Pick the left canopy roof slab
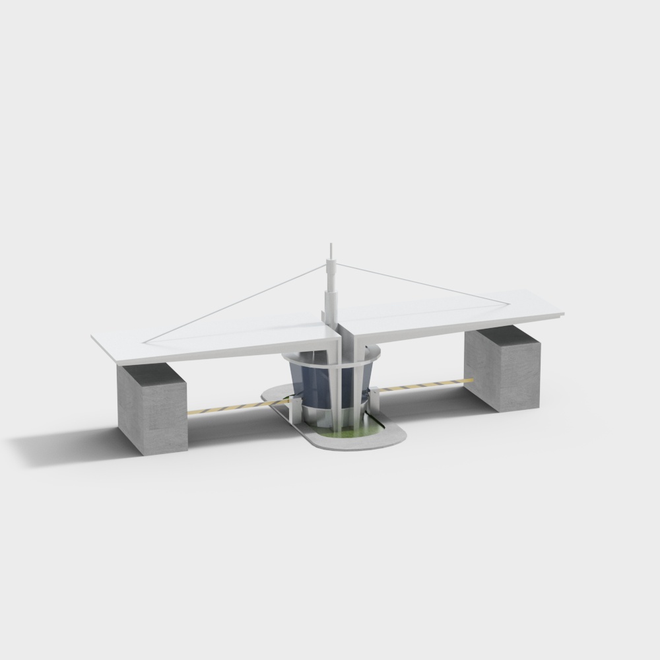pyautogui.click(x=198, y=340)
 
